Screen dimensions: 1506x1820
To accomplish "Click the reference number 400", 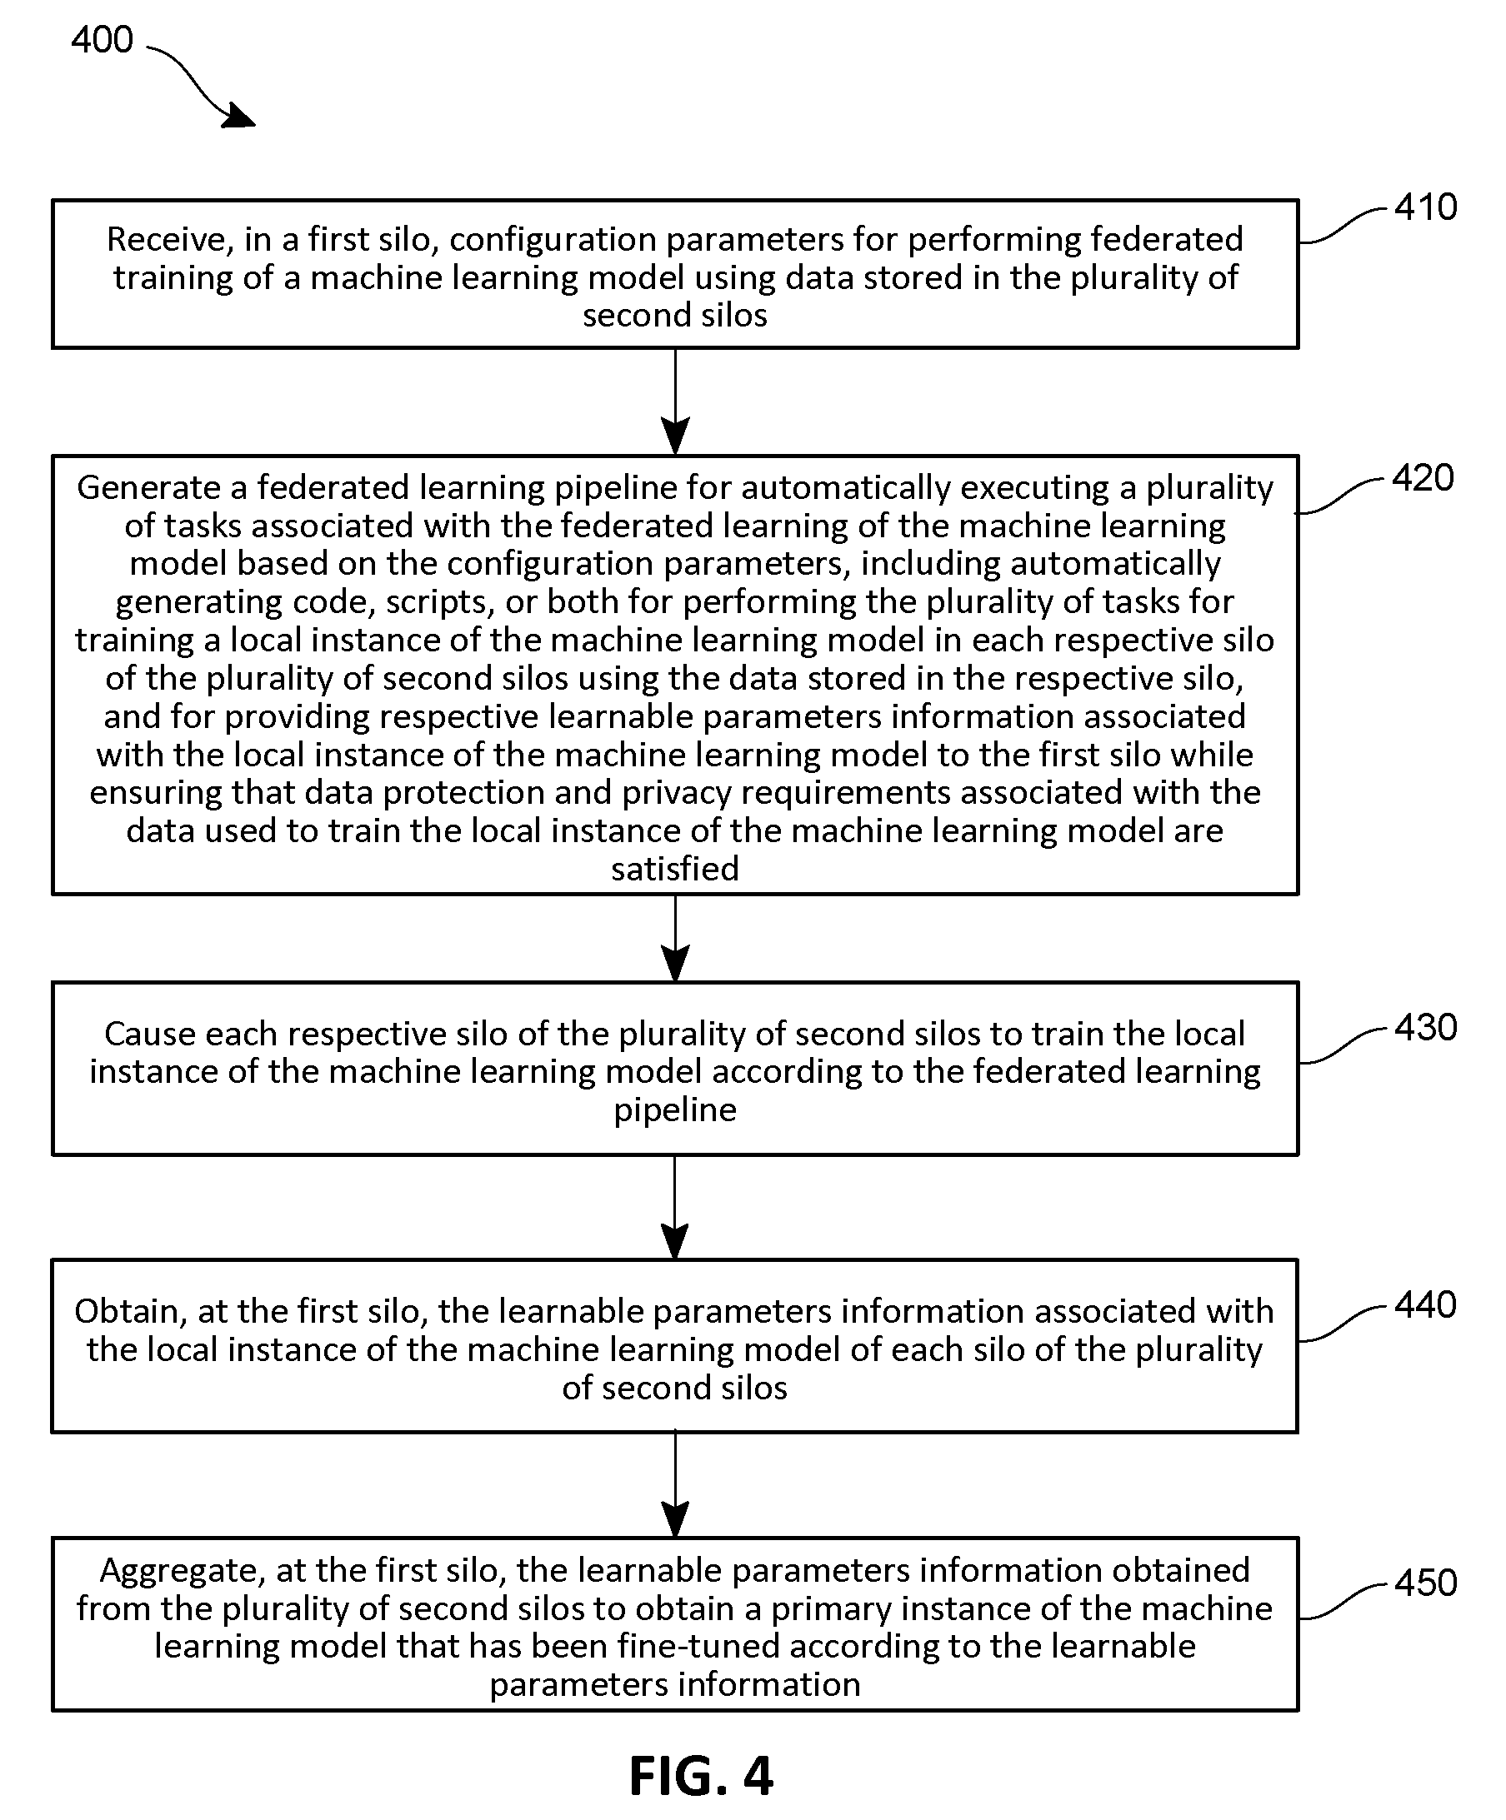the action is pyautogui.click(x=103, y=40).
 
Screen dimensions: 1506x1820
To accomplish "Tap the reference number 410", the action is pyautogui.click(x=1425, y=207).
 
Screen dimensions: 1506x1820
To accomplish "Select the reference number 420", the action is pyautogui.click(x=1423, y=478).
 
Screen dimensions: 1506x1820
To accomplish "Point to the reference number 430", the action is pyautogui.click(x=1425, y=1028).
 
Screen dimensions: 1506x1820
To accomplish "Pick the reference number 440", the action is pyautogui.click(x=1425, y=1305).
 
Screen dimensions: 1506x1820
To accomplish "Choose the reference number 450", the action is pyautogui.click(x=1425, y=1583).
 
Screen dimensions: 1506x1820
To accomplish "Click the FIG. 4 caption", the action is pyautogui.click(x=701, y=1776).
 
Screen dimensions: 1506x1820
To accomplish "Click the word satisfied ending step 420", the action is pyautogui.click(x=674, y=869).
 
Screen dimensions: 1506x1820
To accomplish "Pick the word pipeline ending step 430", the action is pyautogui.click(x=674, y=1110).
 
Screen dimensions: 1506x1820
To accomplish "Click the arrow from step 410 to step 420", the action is pyautogui.click(x=674, y=402).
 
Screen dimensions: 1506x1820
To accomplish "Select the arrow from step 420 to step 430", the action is pyautogui.click(x=674, y=939).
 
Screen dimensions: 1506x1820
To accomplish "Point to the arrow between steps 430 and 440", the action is pyautogui.click(x=674, y=1207).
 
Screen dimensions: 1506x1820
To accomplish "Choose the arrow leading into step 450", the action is pyautogui.click(x=674, y=1484).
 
